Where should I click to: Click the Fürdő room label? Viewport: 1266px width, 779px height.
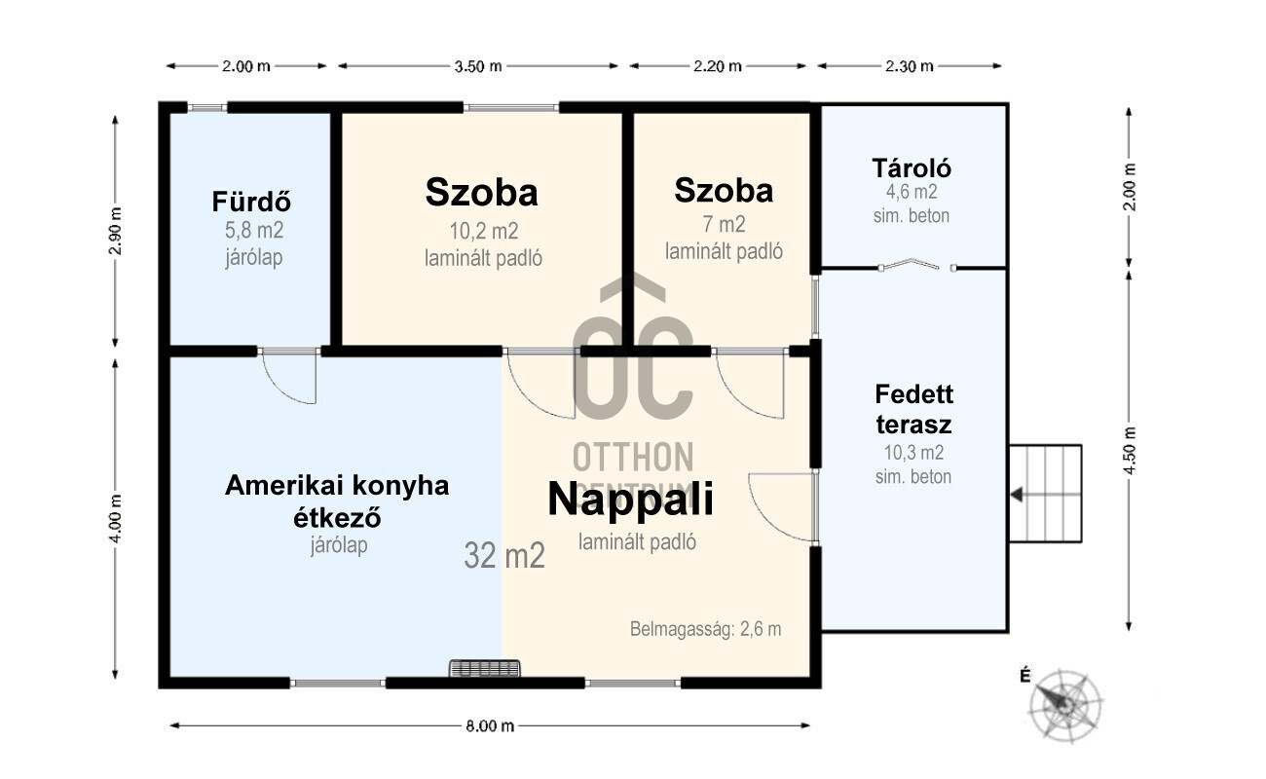pos(251,202)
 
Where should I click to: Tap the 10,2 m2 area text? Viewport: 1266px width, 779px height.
pos(484,231)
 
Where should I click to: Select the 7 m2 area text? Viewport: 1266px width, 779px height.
pos(724,224)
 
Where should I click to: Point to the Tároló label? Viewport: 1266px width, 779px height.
pos(912,167)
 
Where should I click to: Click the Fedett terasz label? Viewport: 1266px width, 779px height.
pos(913,409)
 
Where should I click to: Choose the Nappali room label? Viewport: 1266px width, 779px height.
pos(630,500)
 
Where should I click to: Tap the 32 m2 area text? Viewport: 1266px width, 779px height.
pos(504,555)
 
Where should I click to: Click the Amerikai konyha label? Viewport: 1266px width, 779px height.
pos(337,485)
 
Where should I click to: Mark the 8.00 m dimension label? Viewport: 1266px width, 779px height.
pos(490,725)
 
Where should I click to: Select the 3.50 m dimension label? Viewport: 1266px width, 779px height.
pos(478,66)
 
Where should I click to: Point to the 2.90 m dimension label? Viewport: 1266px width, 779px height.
pos(115,231)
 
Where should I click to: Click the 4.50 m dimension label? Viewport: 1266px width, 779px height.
pos(1129,451)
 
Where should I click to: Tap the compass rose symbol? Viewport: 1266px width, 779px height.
pos(1064,706)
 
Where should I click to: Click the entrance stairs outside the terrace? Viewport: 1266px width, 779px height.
pos(1046,494)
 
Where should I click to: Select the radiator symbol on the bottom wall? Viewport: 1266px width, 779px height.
pos(484,668)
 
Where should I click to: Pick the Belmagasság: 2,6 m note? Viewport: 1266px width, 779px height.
pos(705,629)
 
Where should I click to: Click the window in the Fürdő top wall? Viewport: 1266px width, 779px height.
pos(206,107)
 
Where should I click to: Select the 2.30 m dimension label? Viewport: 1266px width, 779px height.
pos(909,66)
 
